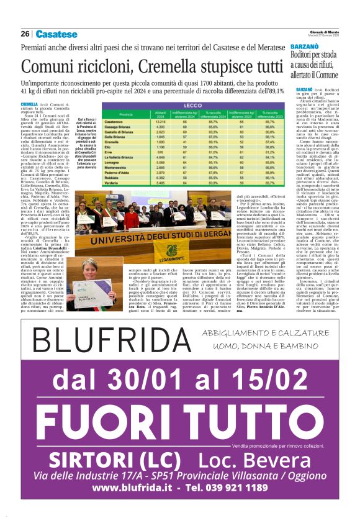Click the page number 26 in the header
tap(25, 34)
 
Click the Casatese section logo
tap(56, 34)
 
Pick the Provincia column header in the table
tap(126, 114)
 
